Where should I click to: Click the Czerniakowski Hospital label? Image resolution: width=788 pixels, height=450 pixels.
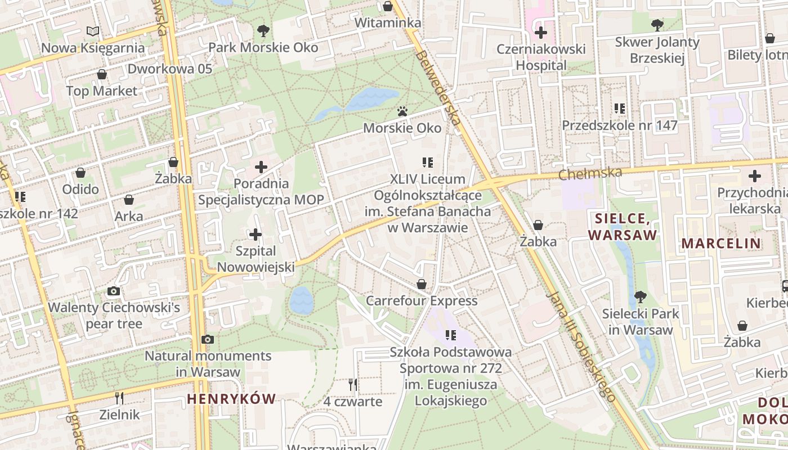(541, 57)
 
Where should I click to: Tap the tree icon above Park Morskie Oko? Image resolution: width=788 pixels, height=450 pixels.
(263, 30)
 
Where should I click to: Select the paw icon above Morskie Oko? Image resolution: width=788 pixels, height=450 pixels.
(402, 111)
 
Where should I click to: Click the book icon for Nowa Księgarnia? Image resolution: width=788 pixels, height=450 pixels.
(93, 31)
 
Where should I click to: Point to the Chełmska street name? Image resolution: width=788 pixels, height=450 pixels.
(590, 173)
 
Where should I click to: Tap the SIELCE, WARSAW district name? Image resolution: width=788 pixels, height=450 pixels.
(623, 227)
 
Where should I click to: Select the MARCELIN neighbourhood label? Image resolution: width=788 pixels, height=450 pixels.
(721, 244)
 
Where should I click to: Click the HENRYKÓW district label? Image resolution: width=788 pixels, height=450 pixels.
(231, 399)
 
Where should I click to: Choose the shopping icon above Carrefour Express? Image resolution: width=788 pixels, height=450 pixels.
(421, 284)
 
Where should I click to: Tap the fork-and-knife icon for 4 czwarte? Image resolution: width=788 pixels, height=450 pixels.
(352, 385)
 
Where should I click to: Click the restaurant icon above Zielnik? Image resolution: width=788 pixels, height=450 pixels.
(119, 398)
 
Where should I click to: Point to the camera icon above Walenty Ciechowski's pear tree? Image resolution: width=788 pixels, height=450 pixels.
(114, 291)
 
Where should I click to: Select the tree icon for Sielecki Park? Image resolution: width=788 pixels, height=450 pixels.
(640, 296)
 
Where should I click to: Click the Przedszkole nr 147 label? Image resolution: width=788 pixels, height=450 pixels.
(620, 125)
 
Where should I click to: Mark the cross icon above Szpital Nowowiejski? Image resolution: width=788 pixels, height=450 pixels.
(256, 234)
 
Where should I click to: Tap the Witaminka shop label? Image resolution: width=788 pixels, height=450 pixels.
(388, 23)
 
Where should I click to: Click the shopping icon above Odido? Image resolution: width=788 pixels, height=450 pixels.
(80, 173)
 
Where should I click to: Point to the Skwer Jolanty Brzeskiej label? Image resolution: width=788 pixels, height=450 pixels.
(657, 50)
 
